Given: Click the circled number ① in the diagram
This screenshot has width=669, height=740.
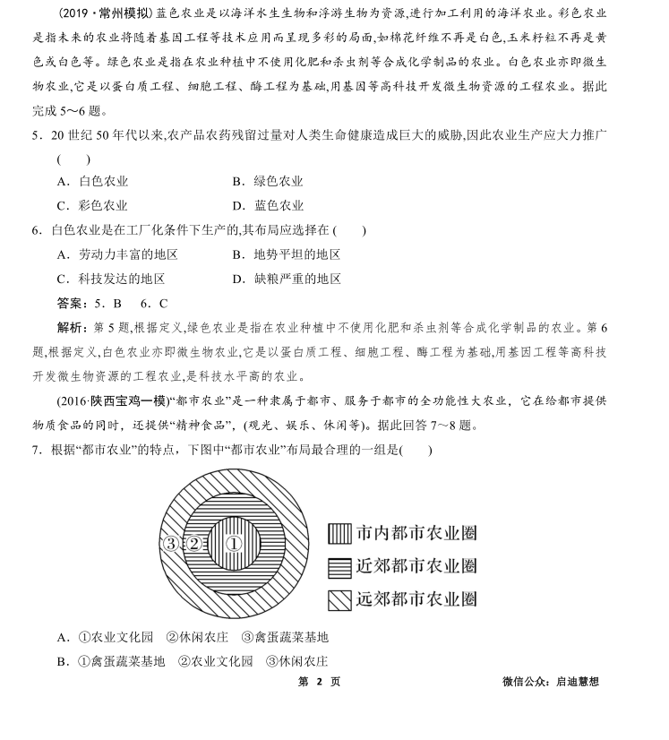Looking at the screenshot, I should point(233,543).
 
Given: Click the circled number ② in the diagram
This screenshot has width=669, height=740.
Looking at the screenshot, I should point(193,544).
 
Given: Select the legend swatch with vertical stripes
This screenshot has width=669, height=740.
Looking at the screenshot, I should point(339,534).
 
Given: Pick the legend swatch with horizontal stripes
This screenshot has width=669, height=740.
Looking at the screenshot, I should point(339,566).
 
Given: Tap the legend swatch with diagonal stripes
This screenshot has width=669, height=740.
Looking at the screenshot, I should point(339,598).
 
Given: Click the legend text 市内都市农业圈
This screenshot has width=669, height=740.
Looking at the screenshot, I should point(416,534).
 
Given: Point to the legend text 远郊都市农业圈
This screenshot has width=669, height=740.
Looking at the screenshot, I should point(416,598).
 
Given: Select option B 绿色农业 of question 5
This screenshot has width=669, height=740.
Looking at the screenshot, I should point(267,181).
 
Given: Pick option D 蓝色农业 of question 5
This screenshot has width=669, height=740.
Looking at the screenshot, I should point(267,205).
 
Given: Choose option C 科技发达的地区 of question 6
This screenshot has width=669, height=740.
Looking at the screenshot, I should point(110,279).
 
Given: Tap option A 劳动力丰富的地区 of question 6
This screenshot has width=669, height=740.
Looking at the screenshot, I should point(116,254).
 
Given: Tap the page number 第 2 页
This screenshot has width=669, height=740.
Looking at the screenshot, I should point(319,682).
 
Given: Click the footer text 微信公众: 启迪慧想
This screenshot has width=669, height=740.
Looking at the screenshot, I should point(551,682).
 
